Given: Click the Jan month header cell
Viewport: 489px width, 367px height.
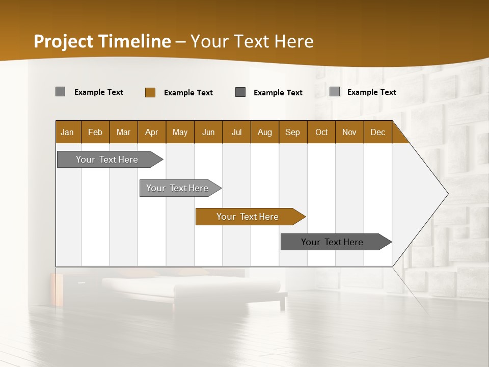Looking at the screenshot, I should [68, 132].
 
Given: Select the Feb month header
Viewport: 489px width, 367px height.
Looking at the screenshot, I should [95, 132].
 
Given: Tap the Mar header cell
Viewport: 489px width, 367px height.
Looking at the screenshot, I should [124, 132].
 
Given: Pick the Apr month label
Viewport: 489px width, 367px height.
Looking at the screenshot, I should [152, 132].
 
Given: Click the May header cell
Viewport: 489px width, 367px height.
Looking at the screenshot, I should [180, 132].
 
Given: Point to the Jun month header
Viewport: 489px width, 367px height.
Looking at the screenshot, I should [208, 132].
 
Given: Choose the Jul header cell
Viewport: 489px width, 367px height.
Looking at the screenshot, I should [236, 132].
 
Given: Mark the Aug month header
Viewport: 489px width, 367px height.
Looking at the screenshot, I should [265, 132].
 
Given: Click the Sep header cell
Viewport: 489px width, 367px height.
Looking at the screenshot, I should [293, 132].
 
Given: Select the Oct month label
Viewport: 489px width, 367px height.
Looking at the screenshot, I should [321, 132].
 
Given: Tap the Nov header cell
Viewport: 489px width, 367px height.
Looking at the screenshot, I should [349, 132].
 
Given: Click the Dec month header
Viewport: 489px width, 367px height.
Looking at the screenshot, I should [378, 132].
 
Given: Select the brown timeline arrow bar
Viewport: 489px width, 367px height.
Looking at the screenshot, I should [250, 217].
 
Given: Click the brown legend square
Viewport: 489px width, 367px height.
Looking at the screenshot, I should [150, 92].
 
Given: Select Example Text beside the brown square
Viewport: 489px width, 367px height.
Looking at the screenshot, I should [188, 93].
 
